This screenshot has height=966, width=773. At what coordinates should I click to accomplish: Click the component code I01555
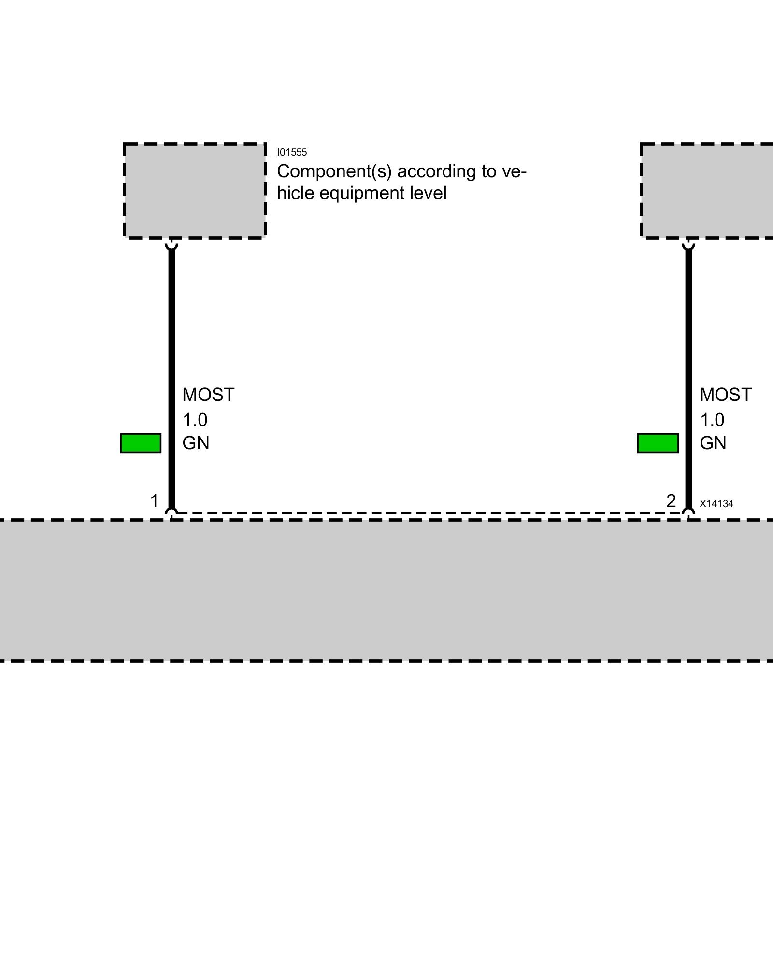point(292,152)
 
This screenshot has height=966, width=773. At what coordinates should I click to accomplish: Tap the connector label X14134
point(716,504)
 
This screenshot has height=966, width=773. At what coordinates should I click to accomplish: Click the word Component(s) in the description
point(334,171)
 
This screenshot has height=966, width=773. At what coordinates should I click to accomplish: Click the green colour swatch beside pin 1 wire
point(141,443)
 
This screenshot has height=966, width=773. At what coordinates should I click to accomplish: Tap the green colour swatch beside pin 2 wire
point(658,443)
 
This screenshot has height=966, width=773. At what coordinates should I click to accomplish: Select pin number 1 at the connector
point(155,501)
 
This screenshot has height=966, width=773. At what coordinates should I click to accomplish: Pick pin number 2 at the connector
point(671,501)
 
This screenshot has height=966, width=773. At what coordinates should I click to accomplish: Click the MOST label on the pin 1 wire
point(208,395)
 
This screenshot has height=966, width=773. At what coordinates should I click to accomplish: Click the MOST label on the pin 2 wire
point(726,395)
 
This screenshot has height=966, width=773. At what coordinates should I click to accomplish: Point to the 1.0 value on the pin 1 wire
point(195,420)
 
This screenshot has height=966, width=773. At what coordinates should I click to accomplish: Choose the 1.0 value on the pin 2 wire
point(712,420)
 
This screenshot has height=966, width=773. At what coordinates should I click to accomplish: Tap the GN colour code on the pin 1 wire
point(196,443)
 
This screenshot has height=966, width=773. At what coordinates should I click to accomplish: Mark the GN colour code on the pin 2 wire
point(713,443)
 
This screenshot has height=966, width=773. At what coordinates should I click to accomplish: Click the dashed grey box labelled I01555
point(195,191)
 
